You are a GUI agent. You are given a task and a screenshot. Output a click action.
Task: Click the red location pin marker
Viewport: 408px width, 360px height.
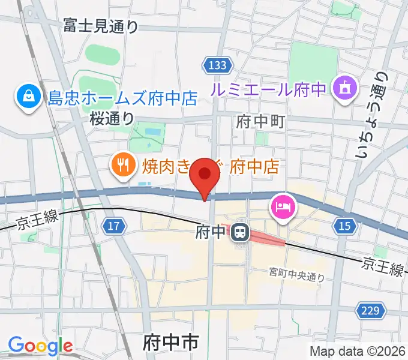(x=205, y=175)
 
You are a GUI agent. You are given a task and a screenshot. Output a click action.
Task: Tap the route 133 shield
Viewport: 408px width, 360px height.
(x=214, y=65)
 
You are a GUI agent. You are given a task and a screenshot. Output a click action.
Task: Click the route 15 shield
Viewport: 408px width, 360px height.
(x=344, y=226)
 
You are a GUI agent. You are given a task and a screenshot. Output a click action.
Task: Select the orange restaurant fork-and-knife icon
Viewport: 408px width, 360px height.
(x=123, y=164)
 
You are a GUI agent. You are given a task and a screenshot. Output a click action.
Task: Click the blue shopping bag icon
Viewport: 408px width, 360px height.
(x=28, y=96)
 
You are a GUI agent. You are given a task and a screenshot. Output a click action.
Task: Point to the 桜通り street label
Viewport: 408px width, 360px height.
(x=112, y=119)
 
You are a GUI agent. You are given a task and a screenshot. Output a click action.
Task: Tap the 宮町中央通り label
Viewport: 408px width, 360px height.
(x=296, y=277)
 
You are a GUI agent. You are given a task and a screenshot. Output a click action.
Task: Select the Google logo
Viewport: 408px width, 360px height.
(x=40, y=346)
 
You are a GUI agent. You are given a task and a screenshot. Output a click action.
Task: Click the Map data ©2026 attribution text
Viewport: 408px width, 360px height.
(x=358, y=351)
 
